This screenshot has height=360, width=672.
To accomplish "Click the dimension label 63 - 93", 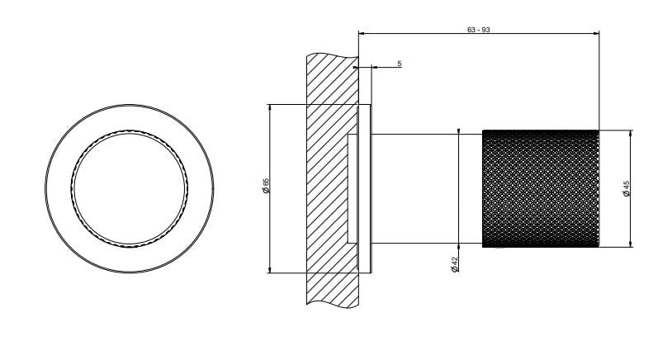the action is pyautogui.click(x=478, y=30).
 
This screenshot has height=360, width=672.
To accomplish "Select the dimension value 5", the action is pyautogui.click(x=400, y=64).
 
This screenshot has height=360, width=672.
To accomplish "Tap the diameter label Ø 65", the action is pyautogui.click(x=266, y=186).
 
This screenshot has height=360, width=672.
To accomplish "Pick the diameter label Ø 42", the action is pyautogui.click(x=455, y=264).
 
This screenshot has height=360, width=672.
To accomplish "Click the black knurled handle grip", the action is pyautogui.click(x=541, y=188).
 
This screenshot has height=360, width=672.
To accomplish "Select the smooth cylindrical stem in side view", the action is pyautogui.click(x=427, y=188).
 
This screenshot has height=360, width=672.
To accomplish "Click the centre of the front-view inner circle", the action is pyautogui.click(x=130, y=188).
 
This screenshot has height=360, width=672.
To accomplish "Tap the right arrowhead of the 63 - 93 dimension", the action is pyautogui.click(x=596, y=33).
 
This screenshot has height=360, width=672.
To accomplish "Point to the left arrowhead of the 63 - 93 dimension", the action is pyautogui.click(x=362, y=33).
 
